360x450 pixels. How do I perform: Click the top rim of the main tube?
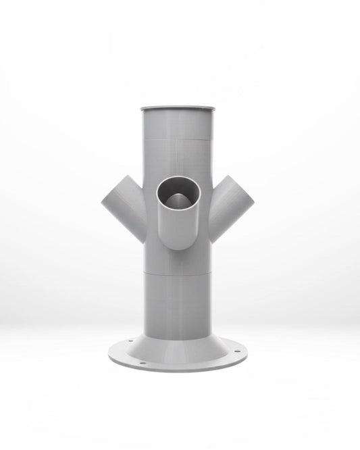179,107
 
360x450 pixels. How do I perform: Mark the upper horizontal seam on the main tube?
179,139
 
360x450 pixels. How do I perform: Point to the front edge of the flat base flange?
179,371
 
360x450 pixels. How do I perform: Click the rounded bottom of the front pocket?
179,245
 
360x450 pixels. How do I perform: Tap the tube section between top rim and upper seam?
179,125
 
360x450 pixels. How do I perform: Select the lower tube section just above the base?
179,304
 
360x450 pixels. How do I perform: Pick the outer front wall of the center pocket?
179,226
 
